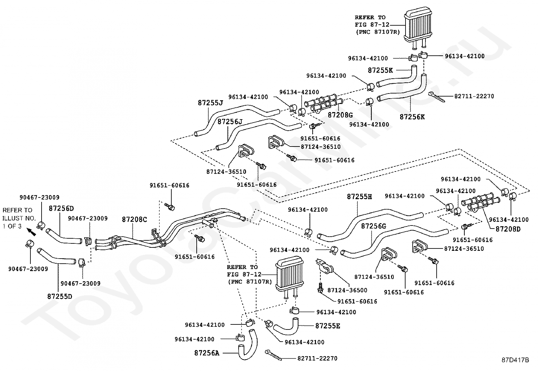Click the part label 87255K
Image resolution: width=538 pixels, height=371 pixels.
(380, 70)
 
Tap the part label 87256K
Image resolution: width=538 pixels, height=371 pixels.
(412, 117)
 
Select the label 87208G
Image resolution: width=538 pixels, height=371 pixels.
(340, 115)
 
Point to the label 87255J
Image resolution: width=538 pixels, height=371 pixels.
(211, 103)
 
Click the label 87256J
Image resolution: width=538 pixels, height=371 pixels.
(230, 122)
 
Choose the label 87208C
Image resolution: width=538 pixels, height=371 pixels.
(134, 219)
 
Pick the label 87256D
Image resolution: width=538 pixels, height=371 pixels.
(61, 208)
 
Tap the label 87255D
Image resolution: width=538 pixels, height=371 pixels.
(59, 296)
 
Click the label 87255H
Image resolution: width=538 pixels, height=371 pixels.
(359, 197)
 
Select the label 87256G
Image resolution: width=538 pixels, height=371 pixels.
(373, 226)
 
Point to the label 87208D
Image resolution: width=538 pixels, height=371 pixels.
(508, 229)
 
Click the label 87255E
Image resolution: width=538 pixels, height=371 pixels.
(327, 326)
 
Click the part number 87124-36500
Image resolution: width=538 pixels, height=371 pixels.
(347, 290)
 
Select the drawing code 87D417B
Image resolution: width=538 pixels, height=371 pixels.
(515, 360)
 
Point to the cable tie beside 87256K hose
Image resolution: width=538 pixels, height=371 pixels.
(437, 97)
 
